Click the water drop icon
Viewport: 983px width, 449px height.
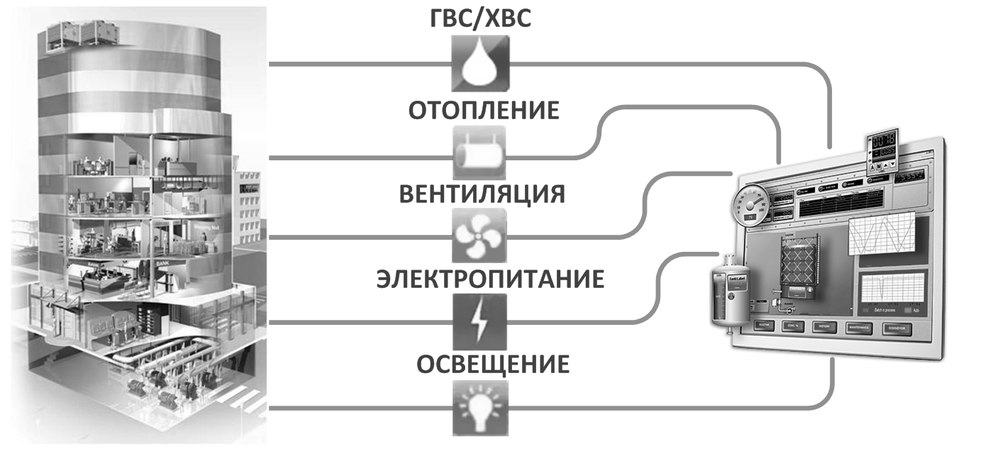tap(479, 65)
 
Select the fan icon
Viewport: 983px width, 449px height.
tap(479, 236)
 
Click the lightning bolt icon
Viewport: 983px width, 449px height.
tap(479, 322)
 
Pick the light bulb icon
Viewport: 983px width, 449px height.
tap(479, 408)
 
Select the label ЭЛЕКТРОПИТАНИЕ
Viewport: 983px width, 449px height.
tap(489, 278)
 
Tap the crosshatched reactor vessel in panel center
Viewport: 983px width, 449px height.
tap(800, 262)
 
